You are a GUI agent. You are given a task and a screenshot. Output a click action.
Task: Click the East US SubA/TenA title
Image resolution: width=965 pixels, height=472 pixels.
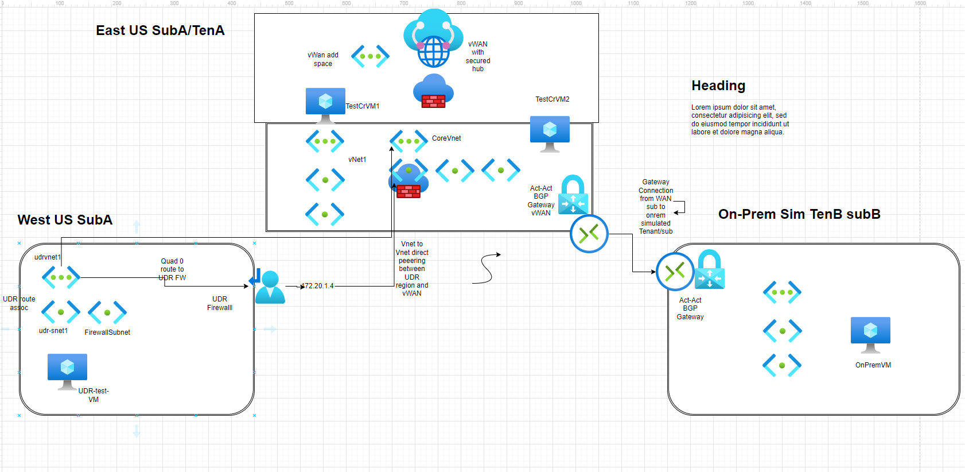tap(160, 30)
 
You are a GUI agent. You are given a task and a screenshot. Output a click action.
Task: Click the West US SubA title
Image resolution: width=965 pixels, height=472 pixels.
tap(65, 220)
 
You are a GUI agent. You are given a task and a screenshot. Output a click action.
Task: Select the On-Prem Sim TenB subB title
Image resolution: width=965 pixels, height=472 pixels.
tap(799, 214)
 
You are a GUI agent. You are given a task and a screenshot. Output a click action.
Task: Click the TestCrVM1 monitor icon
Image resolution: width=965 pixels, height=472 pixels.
tap(325, 102)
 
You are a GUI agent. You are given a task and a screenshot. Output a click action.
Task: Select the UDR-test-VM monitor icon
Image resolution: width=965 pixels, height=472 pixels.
tap(67, 369)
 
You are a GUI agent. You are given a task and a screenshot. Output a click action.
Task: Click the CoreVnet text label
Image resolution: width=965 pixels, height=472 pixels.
tap(446, 138)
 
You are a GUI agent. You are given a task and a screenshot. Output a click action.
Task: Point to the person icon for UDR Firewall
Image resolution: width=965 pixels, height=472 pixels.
tap(270, 287)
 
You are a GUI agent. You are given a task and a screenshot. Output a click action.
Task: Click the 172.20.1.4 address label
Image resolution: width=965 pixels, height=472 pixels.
tap(318, 286)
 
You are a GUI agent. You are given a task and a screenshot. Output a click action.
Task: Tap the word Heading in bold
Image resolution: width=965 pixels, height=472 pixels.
tap(718, 86)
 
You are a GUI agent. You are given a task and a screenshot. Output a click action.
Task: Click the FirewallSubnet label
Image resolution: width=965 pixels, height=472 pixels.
tap(107, 332)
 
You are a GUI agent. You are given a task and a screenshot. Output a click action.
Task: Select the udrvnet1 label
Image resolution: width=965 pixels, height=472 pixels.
tap(47, 257)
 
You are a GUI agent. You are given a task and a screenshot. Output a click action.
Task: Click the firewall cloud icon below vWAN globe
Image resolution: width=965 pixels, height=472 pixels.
tap(433, 92)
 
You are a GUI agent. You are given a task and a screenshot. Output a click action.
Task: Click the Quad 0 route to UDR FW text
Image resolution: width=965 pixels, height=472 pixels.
tap(172, 269)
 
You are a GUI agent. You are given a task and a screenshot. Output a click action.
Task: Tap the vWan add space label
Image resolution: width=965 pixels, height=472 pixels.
tap(323, 59)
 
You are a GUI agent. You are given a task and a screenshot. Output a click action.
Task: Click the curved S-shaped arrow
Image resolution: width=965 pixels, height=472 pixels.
tap(487, 268)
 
